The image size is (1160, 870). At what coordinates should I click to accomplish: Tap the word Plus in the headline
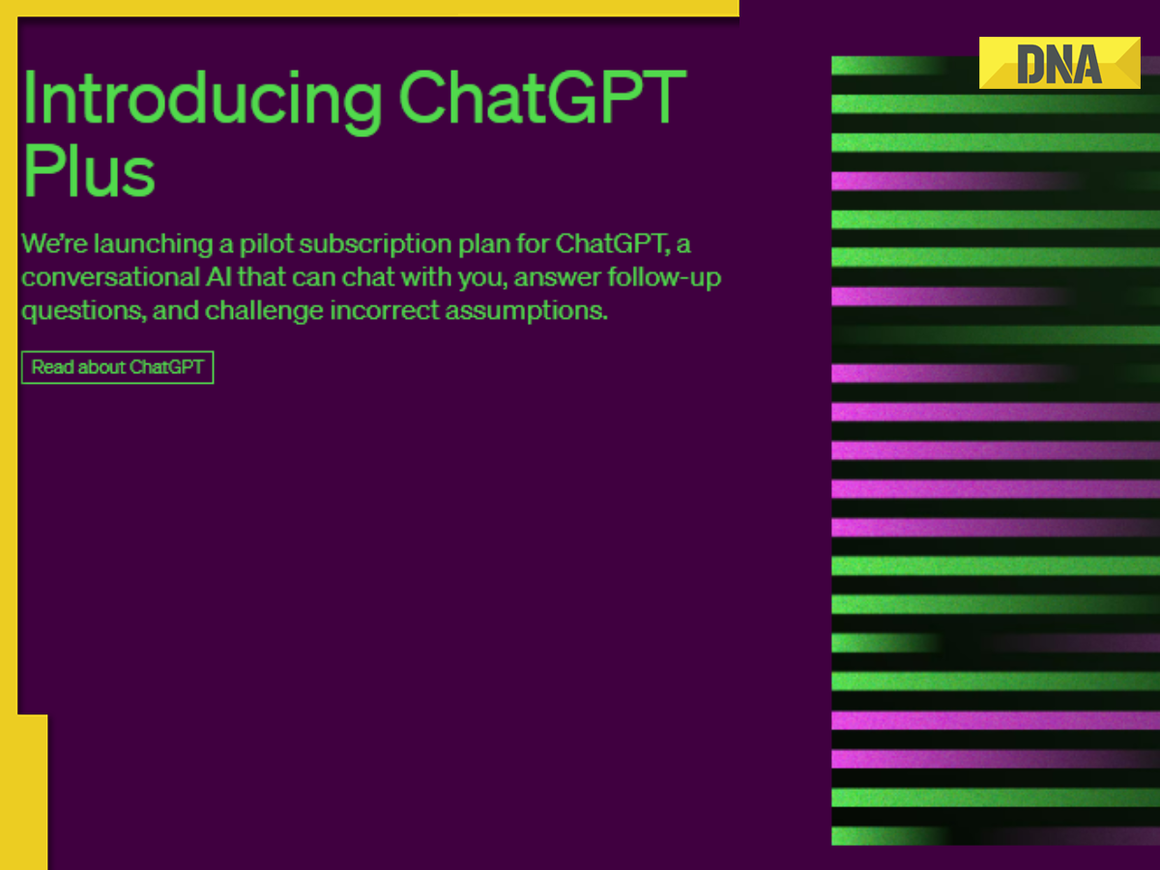tap(88, 171)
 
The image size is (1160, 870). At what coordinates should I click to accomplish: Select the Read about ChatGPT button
tap(117, 367)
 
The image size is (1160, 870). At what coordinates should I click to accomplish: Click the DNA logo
tap(1059, 63)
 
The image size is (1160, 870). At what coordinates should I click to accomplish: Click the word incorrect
tap(384, 311)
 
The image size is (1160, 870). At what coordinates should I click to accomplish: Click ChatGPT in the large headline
tap(541, 101)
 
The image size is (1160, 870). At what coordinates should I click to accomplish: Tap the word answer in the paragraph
tap(557, 277)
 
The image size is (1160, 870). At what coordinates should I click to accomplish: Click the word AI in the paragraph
tap(217, 277)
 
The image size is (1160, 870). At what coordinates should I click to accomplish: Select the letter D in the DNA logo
tap(1030, 65)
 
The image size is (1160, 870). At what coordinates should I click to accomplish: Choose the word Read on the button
tap(52, 367)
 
